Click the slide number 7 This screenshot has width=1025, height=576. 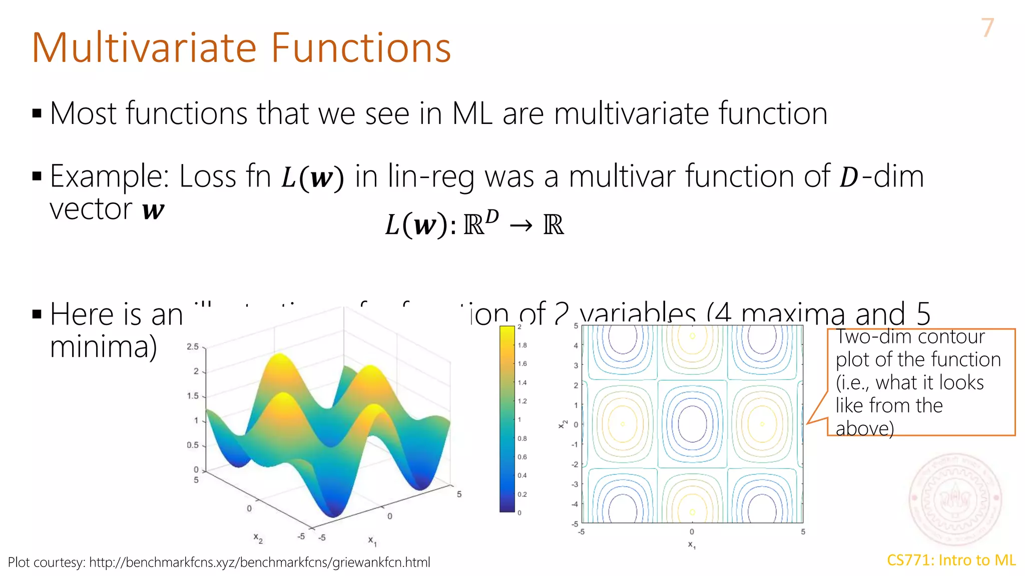(x=987, y=28)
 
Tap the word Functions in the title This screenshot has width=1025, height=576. (x=361, y=48)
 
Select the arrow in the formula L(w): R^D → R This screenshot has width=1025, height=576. (x=521, y=226)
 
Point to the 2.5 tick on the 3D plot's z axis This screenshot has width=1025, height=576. (x=193, y=346)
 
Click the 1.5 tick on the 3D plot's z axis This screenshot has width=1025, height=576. (x=193, y=396)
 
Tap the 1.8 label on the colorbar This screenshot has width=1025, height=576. (x=522, y=345)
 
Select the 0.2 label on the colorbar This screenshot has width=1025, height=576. (x=522, y=494)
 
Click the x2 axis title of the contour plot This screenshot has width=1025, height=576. (x=563, y=424)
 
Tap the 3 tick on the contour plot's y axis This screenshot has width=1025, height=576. (x=576, y=365)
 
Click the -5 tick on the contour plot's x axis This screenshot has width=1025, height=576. (x=581, y=532)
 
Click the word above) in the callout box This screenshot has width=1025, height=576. (x=864, y=429)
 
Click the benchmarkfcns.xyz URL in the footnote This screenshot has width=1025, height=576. (x=259, y=562)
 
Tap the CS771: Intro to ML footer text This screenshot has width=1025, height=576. (x=951, y=560)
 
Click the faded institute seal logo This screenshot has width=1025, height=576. (x=955, y=499)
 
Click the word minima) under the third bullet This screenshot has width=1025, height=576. (x=104, y=347)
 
